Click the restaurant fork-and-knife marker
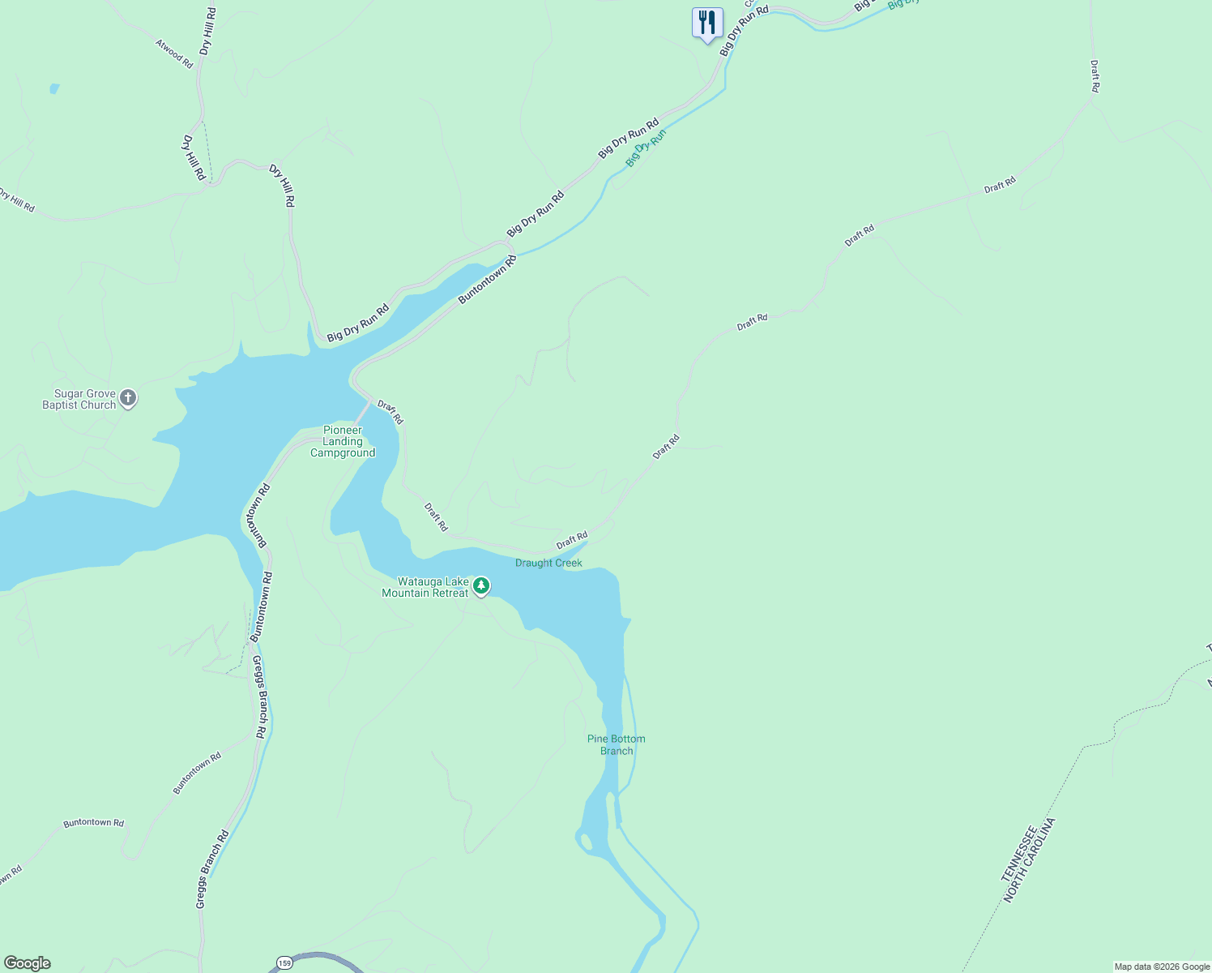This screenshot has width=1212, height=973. pos(707,23)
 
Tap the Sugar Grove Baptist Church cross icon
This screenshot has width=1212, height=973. pos(128,398)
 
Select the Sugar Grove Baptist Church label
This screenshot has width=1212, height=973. pos(79,399)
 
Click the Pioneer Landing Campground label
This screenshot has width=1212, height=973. pos(343,441)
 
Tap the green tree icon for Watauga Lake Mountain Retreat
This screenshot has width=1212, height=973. pos(481,585)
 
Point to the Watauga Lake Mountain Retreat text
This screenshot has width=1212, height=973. pos(425,587)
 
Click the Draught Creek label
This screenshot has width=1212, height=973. pos(548,563)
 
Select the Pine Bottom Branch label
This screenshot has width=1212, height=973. pos(617,744)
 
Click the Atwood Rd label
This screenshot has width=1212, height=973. pos(174,54)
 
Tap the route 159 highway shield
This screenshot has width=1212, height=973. pos(284,962)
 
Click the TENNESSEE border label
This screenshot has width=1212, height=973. pos(1018,854)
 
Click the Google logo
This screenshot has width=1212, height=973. pos(28,963)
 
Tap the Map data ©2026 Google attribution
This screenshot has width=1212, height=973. pos(1162,967)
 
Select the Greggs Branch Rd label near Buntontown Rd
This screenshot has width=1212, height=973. pos(259,697)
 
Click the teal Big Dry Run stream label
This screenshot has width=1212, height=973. pos(646,148)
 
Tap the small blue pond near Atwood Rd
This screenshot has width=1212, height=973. pos(54,88)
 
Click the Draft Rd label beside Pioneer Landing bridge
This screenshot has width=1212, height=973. pos(390,412)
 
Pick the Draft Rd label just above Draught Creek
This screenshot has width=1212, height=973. pos(572,540)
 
